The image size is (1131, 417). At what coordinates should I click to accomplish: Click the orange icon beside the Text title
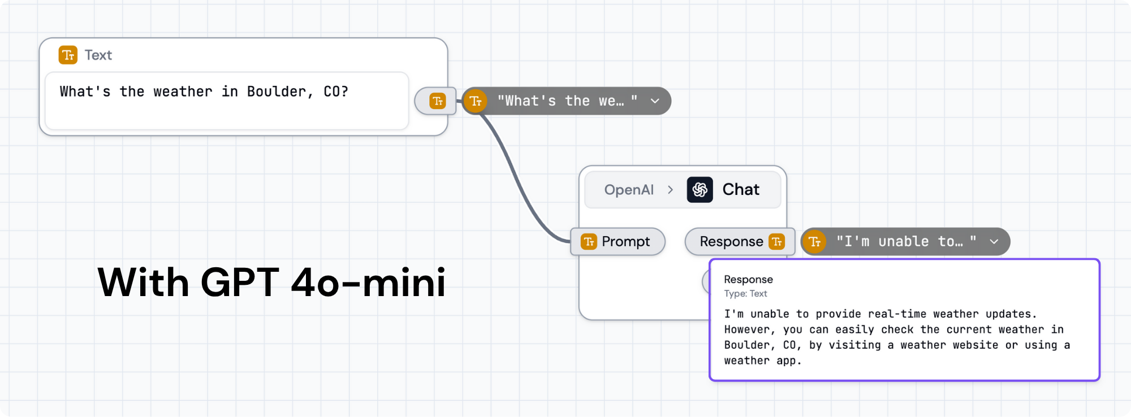68,55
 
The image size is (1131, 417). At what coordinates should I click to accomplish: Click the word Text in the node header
98,55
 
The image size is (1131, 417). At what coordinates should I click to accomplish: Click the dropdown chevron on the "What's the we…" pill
655,101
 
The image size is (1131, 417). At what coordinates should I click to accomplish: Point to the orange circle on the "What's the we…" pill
476,101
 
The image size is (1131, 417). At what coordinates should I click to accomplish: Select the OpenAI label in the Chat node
629,190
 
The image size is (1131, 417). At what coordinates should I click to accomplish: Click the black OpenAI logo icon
700,189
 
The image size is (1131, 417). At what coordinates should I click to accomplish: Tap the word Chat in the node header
741,189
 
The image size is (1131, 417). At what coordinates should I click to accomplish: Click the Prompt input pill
618,242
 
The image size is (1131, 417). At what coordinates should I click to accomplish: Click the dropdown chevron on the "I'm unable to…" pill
994,242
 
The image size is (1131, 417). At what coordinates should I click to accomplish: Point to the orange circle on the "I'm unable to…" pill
815,242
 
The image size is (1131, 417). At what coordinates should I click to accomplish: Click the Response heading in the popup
748,279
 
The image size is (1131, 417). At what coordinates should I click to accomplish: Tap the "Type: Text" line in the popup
745,294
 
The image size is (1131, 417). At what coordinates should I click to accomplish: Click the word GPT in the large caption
240,283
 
